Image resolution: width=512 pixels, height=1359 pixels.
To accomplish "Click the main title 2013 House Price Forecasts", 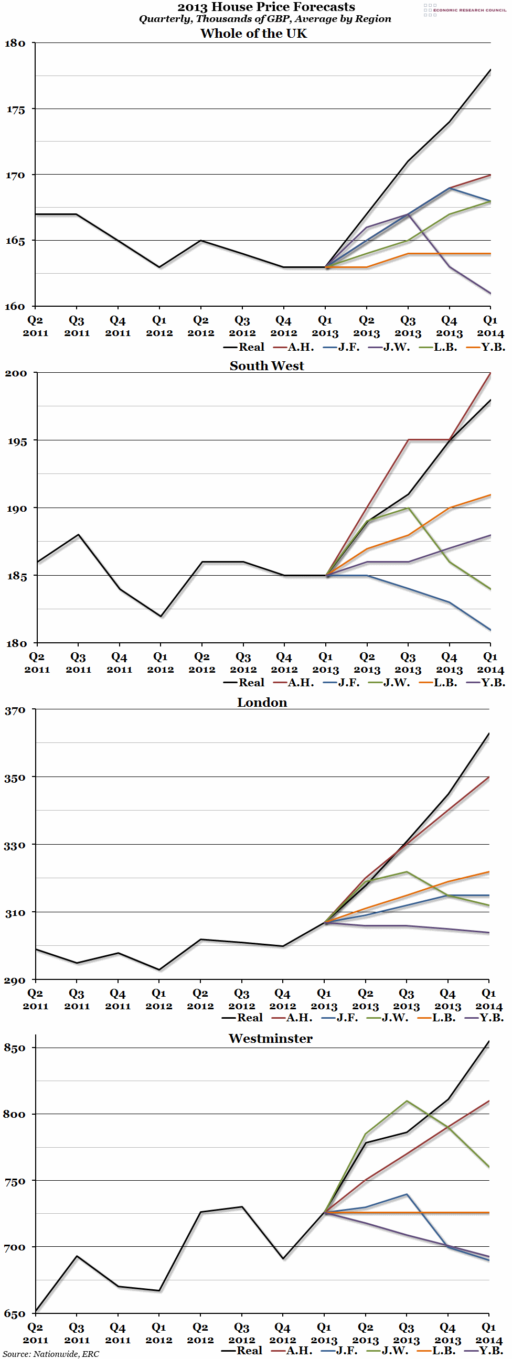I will click(266, 7).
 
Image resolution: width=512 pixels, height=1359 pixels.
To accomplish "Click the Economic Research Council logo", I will click(464, 9).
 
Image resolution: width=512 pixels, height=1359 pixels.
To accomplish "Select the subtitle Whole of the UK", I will click(253, 33).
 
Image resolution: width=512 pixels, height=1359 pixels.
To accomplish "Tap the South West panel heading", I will click(266, 365).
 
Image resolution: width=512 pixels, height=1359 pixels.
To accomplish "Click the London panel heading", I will click(262, 702).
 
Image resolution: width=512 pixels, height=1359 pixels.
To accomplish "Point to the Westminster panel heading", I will click(270, 1038).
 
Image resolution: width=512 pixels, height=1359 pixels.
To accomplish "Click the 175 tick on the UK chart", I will click(15, 110).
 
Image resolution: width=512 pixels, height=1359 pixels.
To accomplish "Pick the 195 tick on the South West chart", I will click(16, 441).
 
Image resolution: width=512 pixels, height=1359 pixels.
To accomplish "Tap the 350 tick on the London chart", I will click(15, 778).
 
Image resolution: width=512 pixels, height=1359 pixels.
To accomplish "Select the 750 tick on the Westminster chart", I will click(15, 1181).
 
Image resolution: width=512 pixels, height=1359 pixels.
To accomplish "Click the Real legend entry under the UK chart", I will click(244, 347).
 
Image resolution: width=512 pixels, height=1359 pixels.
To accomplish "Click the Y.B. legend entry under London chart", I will click(485, 1018).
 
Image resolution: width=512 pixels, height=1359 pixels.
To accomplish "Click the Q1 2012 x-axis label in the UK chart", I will click(159, 326).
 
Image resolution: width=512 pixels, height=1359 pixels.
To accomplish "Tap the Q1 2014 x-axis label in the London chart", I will click(489, 999).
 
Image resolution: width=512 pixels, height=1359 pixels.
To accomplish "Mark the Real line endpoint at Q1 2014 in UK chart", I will click(490, 70).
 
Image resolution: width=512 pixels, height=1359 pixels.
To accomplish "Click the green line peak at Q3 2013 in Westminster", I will click(407, 1101).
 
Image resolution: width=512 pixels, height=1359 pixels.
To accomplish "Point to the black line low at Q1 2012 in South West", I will click(161, 616).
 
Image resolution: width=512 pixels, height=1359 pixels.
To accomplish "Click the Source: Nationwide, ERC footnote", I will click(51, 1354).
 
